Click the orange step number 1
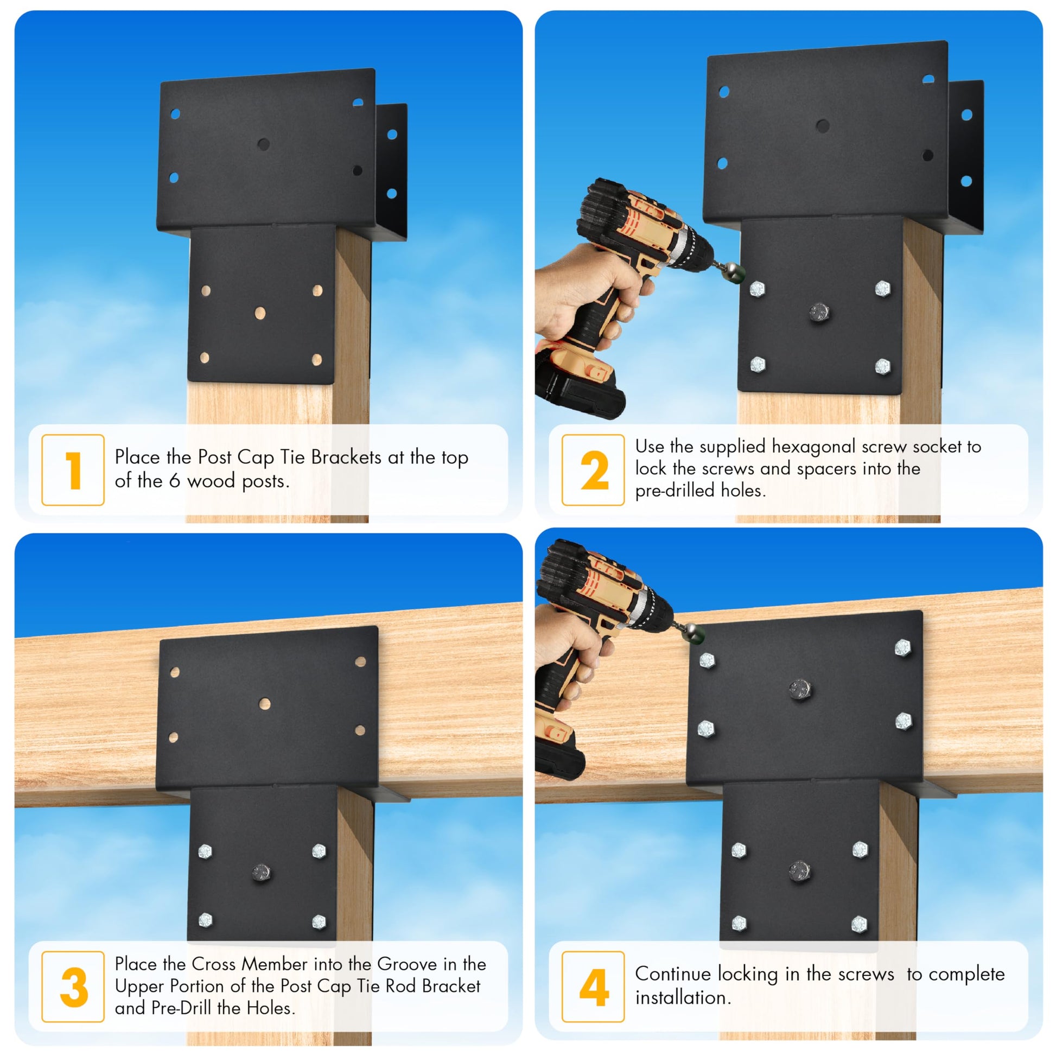coord(74,470)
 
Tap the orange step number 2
coord(595,470)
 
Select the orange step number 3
coord(74,987)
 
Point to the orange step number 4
coord(594,987)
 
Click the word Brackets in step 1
coord(346,457)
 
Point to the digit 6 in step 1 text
coord(174,481)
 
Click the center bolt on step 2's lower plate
coord(818,313)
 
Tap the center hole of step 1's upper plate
coord(263,144)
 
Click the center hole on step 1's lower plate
coord(260,313)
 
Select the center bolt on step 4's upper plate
coord(800,689)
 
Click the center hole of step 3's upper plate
coord(265,703)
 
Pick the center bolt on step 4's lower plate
coord(800,870)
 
